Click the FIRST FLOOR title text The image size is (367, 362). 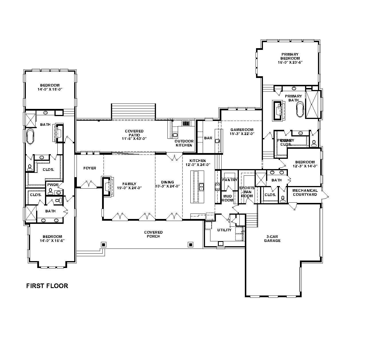[x=47, y=286]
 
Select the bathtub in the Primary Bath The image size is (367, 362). [x=300, y=109]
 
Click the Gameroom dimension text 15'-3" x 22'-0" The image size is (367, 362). [x=242, y=134]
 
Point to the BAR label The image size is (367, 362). [x=208, y=138]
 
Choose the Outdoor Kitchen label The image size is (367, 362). [x=184, y=143]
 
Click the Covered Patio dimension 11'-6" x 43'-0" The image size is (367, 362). [x=134, y=139]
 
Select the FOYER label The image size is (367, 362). [x=90, y=168]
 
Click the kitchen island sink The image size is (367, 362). [x=202, y=187]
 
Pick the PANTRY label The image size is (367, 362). [x=230, y=180]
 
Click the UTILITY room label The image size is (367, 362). [x=224, y=230]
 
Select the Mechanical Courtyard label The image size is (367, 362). [x=305, y=192]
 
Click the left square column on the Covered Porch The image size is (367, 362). [x=104, y=244]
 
